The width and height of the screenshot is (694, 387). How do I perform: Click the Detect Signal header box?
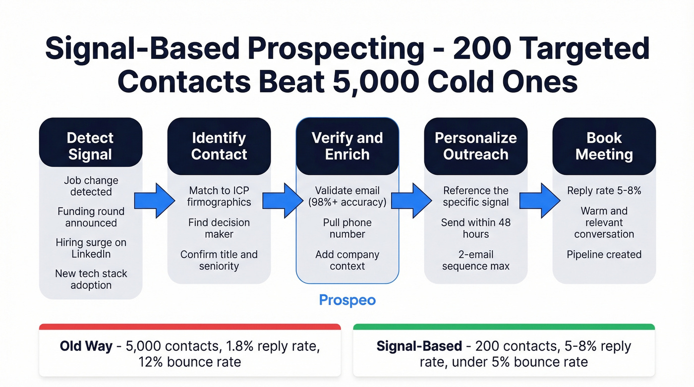91,146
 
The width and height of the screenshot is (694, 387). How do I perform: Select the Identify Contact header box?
219,146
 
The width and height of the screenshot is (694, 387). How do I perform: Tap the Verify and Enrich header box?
347,146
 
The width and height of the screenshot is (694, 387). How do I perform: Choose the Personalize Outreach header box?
476,146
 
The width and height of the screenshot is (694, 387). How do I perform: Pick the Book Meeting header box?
604,146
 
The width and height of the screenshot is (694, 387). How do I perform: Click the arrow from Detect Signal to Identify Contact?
155,200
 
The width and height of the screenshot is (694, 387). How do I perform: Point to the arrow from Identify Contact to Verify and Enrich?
283,200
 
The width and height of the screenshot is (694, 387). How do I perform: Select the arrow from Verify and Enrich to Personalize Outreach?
411,200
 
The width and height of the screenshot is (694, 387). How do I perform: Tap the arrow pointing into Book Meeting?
540,200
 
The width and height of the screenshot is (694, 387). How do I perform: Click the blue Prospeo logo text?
347,300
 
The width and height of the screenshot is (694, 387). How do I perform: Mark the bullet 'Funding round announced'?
91,217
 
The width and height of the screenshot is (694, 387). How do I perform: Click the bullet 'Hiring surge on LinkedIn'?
91,248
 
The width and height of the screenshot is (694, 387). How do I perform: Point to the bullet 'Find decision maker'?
219,228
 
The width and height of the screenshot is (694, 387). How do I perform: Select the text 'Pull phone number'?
347,228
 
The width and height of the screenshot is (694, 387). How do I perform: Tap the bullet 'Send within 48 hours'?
476,228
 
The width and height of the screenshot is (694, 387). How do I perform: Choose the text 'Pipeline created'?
604,255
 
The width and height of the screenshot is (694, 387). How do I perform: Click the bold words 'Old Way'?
86,346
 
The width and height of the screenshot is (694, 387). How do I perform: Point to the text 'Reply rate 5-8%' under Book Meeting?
604,191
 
